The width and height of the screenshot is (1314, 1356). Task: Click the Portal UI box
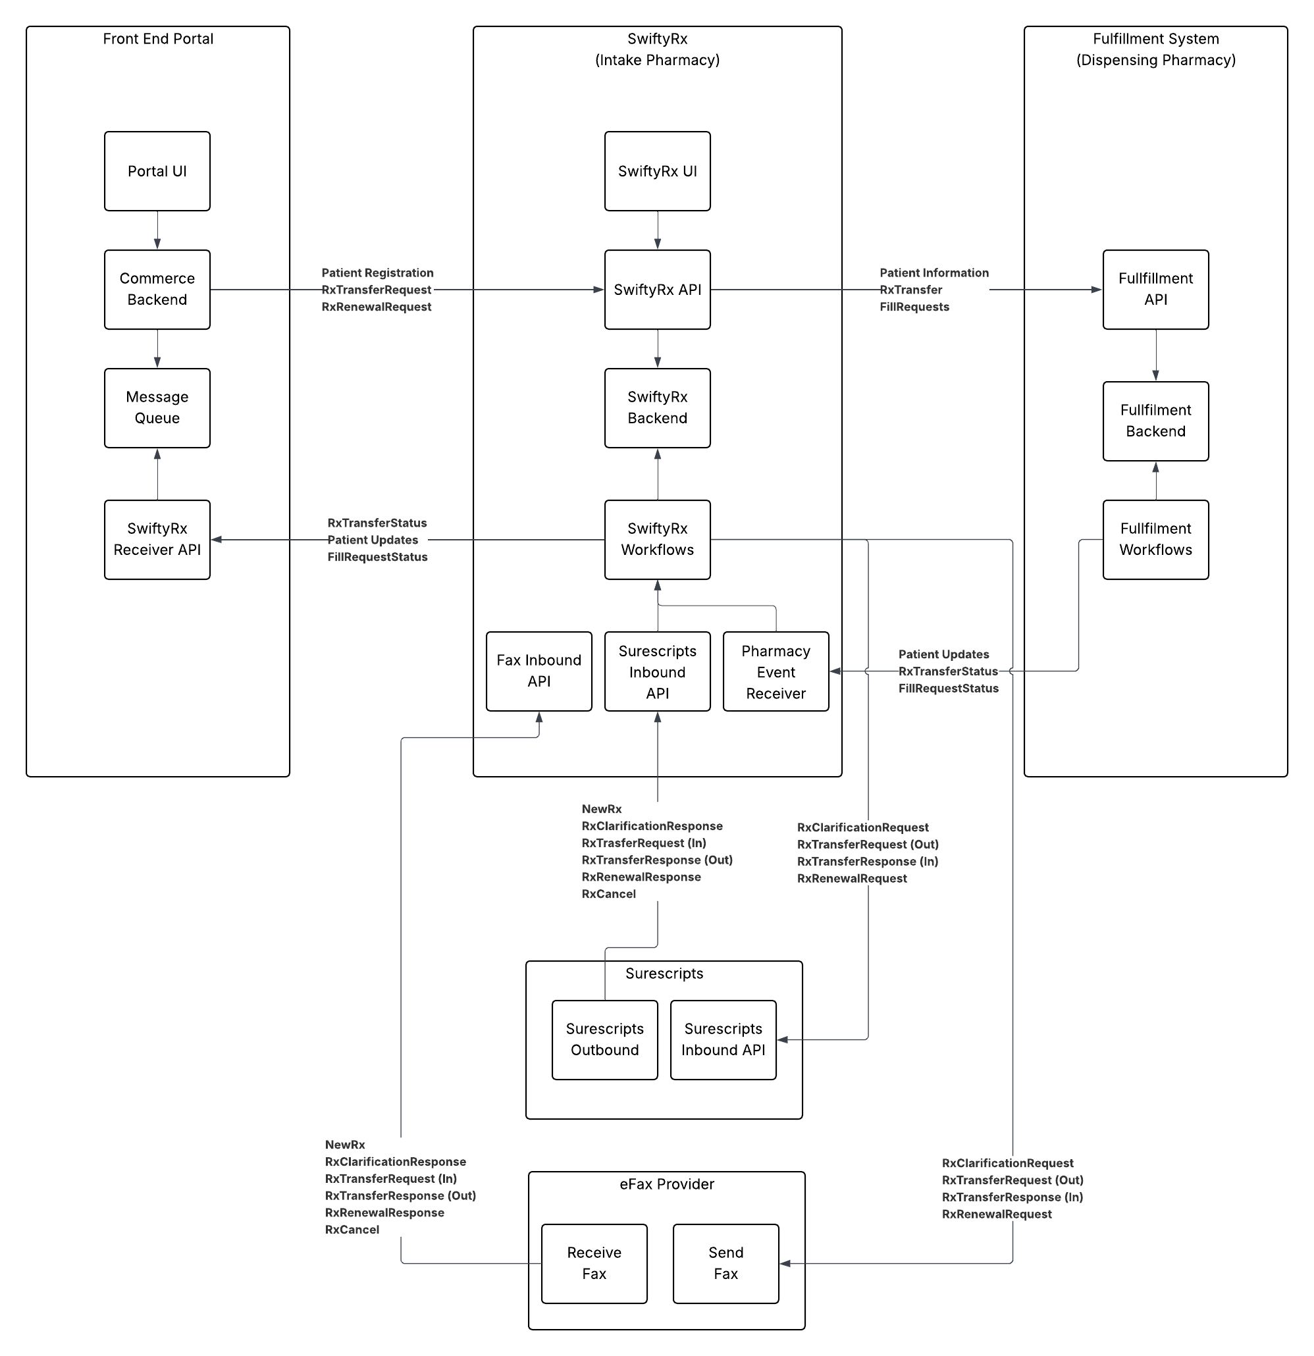tap(157, 171)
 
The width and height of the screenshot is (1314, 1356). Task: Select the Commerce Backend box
tap(157, 289)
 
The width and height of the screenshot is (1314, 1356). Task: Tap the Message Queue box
tap(157, 407)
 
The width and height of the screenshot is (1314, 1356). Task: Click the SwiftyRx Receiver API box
tap(157, 539)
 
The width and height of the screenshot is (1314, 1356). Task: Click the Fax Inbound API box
tap(539, 670)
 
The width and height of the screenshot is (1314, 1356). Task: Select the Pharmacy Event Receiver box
tap(775, 671)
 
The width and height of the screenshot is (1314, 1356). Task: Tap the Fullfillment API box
tap(1155, 289)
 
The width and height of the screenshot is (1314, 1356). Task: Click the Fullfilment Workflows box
tap(1155, 539)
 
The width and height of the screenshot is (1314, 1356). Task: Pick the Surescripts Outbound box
tap(604, 1039)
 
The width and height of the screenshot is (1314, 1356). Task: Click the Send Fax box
tap(725, 1263)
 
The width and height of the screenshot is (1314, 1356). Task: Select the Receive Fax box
tap(594, 1263)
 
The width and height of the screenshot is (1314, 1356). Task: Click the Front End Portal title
tap(158, 39)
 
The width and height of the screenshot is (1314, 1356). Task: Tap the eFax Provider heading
tap(666, 1184)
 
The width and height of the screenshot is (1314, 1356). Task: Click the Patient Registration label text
tap(377, 273)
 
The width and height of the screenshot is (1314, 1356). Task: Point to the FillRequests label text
tap(913, 307)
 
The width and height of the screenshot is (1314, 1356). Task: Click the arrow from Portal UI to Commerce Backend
tap(157, 230)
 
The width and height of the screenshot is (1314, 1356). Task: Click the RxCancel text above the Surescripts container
tap(608, 894)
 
